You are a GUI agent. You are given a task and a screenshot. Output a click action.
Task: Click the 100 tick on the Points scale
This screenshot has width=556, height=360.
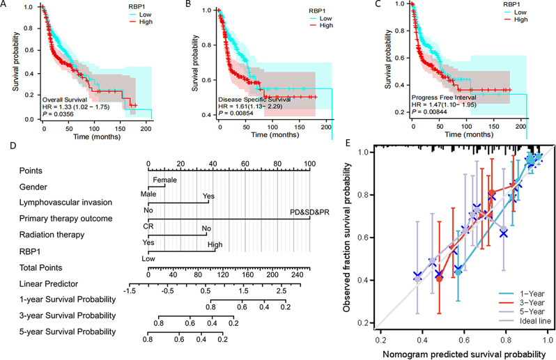click(x=309, y=165)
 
